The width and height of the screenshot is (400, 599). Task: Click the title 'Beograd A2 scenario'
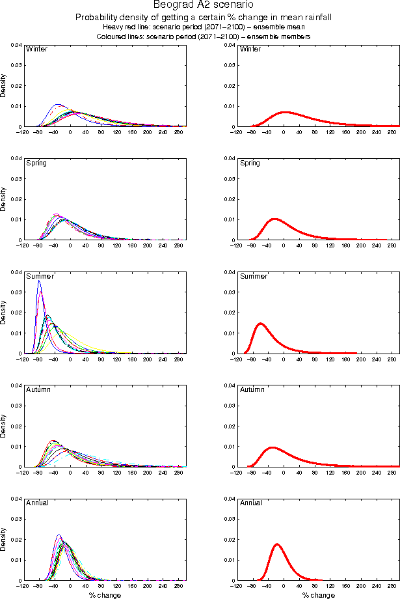199,6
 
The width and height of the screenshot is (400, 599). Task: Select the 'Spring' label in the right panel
250,163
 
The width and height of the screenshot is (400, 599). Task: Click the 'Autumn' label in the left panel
38,389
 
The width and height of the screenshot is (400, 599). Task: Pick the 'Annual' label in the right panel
250,503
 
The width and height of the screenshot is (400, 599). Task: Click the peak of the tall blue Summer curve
39,282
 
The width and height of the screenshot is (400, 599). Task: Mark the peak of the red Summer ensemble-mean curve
261,323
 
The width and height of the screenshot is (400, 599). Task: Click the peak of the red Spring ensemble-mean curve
274,219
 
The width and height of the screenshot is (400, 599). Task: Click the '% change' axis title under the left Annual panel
105,595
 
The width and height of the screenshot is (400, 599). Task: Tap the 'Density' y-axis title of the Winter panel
4,86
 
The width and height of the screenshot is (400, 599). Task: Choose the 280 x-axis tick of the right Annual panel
392,586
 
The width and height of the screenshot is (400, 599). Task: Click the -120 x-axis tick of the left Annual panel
23,586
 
